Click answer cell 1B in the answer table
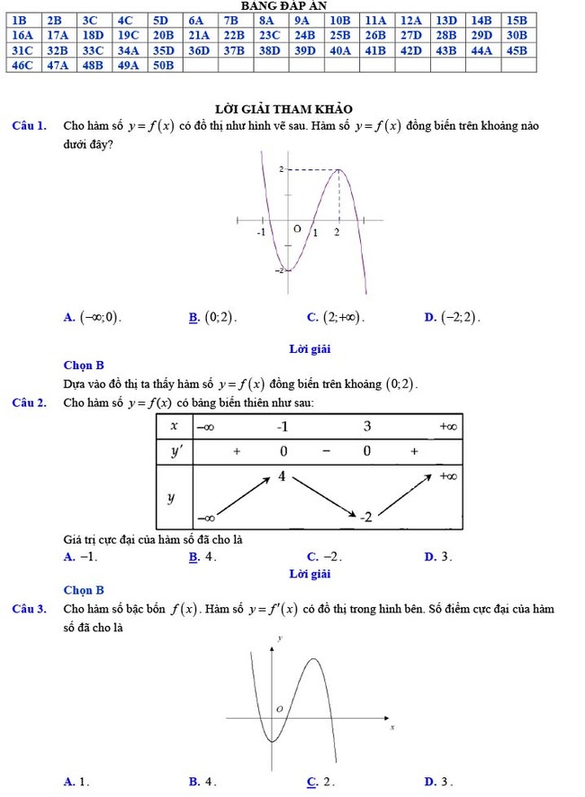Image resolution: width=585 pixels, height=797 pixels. (x=22, y=19)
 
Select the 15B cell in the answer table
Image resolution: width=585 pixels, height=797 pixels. (x=515, y=19)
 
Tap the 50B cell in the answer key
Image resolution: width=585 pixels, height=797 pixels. (x=163, y=65)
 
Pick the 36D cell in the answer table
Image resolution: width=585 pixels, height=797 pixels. (x=198, y=50)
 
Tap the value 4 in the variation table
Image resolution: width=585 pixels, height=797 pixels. (x=282, y=475)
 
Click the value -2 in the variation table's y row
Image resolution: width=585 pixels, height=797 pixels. (x=366, y=518)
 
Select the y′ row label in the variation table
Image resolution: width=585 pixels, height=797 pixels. (x=175, y=450)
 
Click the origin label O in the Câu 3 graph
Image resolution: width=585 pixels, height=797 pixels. (x=280, y=709)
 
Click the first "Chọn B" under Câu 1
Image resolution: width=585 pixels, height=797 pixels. (x=84, y=365)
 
